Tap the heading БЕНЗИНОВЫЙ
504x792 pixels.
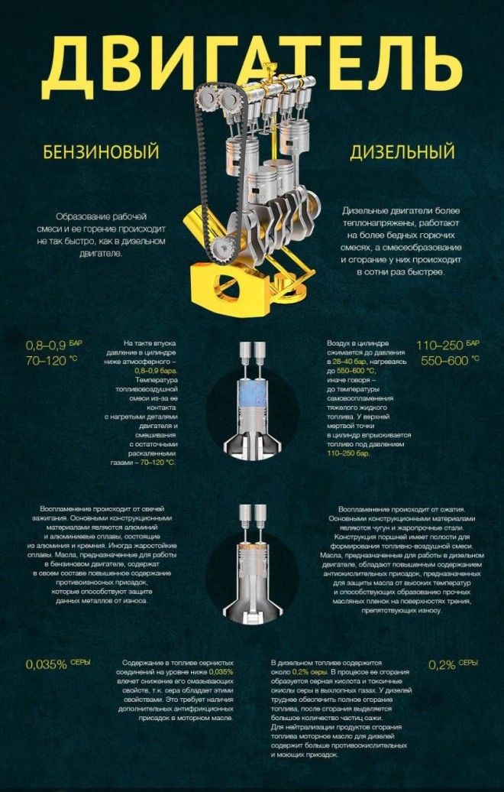101,151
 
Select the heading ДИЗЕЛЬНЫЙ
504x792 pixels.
402,151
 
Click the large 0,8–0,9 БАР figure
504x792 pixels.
53,346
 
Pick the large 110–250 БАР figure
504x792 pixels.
447,346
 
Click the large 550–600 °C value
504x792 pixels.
450,361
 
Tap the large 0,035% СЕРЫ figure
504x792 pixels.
57,664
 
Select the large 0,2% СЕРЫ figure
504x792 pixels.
453,664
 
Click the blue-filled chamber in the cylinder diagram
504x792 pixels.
252,394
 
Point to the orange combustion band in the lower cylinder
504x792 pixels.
252,547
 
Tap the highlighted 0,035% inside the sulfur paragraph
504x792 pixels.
221,672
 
